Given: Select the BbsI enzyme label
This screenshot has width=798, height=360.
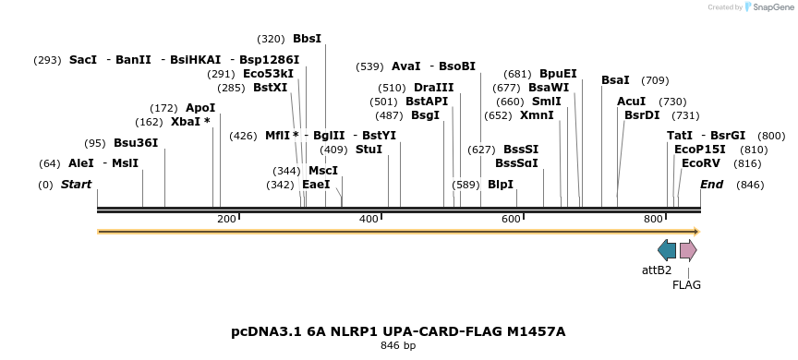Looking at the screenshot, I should coord(307,39).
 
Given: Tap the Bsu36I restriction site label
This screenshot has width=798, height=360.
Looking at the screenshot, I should coord(136,143).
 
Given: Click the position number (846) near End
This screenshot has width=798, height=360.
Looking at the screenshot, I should coord(750,185).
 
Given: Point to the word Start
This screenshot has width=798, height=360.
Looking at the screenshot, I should coord(76,185).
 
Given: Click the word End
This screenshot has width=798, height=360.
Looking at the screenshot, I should coord(711,185).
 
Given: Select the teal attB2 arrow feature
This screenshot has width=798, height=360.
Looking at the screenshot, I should coord(667,250).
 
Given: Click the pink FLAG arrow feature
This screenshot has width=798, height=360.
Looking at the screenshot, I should coord(688,250).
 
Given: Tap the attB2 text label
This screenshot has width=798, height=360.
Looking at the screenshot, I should coord(657,270).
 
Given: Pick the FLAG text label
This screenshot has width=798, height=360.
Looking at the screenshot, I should coord(686,285).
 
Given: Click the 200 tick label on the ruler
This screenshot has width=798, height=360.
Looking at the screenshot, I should coord(226,219).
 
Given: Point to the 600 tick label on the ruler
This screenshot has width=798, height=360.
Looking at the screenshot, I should coord(511,219).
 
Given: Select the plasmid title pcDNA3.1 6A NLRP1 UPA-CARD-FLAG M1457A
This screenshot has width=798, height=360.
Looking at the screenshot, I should coord(398,331).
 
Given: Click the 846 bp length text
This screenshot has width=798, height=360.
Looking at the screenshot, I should coord(398,346).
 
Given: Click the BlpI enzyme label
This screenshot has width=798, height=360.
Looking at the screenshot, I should coord(500,185).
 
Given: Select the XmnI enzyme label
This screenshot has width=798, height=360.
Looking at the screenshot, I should coord(537,115).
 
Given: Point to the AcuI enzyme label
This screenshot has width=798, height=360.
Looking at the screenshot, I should coord(631,102).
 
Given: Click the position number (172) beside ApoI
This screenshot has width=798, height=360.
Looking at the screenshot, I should coord(163,108).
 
